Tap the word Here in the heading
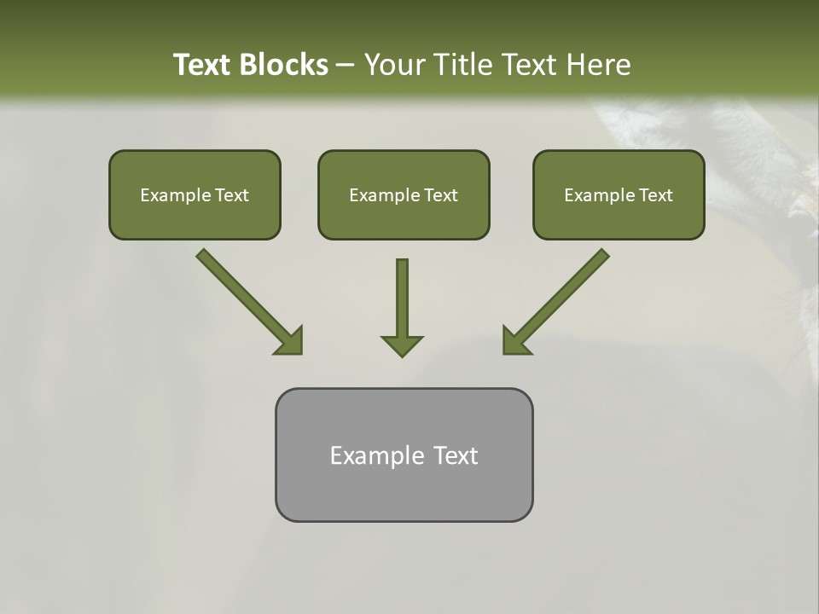(596, 65)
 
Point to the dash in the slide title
(346, 66)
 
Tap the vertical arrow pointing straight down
(402, 298)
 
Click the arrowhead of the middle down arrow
(402, 345)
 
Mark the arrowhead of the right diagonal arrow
(514, 341)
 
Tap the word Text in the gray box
(456, 455)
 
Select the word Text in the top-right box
(655, 195)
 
